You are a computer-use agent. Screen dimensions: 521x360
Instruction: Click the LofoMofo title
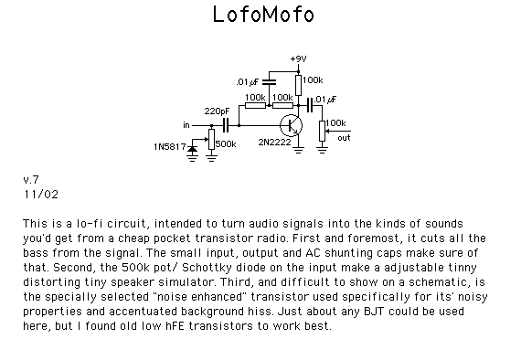pyautogui.click(x=263, y=15)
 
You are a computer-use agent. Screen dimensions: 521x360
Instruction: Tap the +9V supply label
pyautogui.click(x=298, y=58)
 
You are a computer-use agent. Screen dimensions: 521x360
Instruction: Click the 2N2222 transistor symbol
pyautogui.click(x=291, y=125)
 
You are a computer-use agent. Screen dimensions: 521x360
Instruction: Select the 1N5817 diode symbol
pyautogui.click(x=192, y=150)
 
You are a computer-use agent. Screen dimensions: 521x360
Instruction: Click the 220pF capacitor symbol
pyautogui.click(x=226, y=125)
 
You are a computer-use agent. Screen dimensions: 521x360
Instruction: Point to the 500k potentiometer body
pyautogui.click(x=212, y=140)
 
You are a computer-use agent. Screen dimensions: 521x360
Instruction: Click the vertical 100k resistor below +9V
pyautogui.click(x=298, y=85)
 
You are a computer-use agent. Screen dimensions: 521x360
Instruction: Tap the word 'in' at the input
pyautogui.click(x=186, y=125)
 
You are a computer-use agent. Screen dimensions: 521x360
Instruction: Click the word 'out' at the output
pyautogui.click(x=344, y=138)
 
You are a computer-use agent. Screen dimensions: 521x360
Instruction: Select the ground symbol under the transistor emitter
pyautogui.click(x=298, y=150)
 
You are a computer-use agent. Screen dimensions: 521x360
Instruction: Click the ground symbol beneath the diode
pyautogui.click(x=192, y=158)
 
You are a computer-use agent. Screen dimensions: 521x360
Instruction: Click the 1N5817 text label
pyautogui.click(x=169, y=147)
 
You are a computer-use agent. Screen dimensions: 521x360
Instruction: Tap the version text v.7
pyautogui.click(x=31, y=180)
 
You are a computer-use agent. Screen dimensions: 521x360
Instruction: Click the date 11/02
pyautogui.click(x=41, y=195)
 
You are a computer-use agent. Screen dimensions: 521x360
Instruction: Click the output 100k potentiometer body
pyautogui.click(x=322, y=132)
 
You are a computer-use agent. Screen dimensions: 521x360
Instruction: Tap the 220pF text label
pyautogui.click(x=217, y=111)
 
